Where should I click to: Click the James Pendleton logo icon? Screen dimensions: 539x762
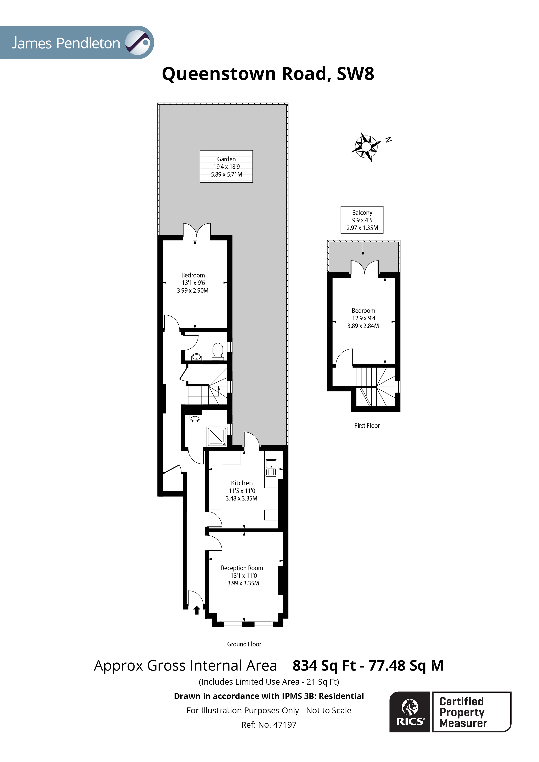click(138, 43)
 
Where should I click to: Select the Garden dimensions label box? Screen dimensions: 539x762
click(226, 167)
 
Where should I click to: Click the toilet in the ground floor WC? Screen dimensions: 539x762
click(218, 351)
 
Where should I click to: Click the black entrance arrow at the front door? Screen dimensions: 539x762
click(197, 610)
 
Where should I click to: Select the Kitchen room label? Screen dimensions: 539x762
click(242, 483)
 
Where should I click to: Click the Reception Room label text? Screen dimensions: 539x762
click(242, 568)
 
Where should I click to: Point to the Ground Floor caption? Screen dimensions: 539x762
click(244, 644)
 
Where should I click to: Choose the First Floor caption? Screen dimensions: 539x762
click(367, 426)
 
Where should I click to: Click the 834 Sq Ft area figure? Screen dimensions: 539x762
click(324, 666)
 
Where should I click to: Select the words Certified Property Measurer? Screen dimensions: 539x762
click(463, 712)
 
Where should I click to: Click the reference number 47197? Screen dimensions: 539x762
click(285, 725)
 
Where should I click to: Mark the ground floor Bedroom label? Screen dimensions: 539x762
click(193, 275)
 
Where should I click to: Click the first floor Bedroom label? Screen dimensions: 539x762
click(363, 311)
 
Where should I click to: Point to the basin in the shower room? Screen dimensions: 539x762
click(195, 419)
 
